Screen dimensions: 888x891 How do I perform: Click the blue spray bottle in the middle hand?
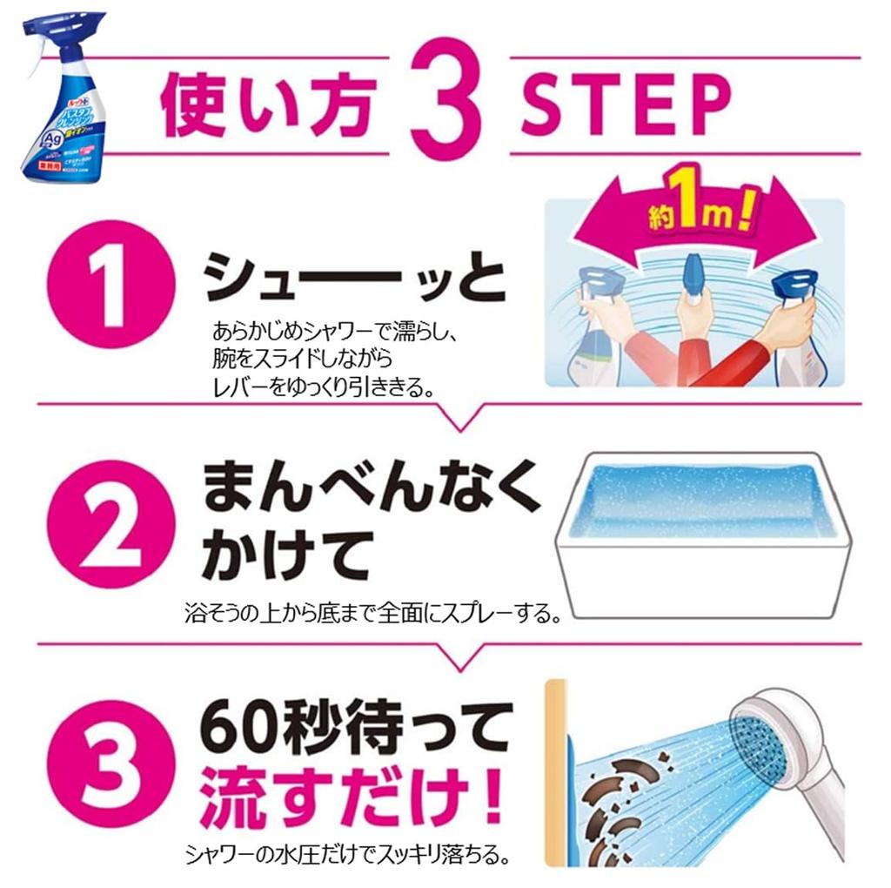tap(696, 279)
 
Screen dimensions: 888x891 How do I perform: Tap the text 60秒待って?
tap(357, 724)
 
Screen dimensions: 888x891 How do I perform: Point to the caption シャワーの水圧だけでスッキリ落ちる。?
tap(346, 855)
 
